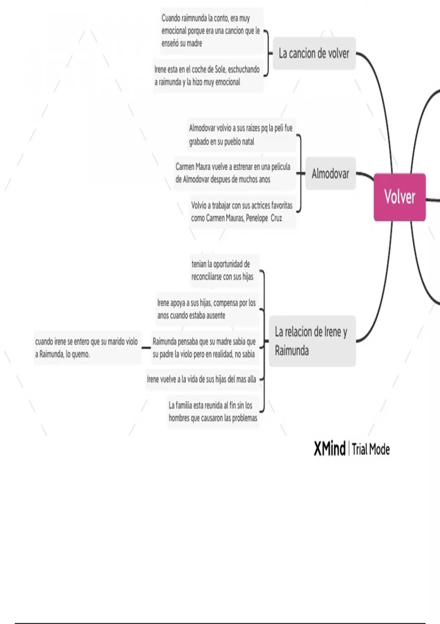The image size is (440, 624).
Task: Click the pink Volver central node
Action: coord(400,197)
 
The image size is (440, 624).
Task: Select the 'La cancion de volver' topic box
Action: coord(314,54)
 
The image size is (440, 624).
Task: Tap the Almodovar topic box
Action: coord(330,174)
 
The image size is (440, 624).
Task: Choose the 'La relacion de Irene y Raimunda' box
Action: coord(312,341)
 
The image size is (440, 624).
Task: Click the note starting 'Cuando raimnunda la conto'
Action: coord(210,31)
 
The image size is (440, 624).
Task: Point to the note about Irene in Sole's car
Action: coord(207,76)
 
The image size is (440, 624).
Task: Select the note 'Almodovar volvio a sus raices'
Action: coord(241,135)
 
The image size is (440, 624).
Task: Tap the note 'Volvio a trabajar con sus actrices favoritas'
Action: coord(242,212)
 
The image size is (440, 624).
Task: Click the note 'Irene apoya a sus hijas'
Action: coord(207,309)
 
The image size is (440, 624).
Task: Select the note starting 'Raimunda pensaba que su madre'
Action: coord(204,348)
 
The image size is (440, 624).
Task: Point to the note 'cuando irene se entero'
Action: coord(87,348)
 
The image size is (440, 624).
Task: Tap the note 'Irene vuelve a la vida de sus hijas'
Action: coord(202,379)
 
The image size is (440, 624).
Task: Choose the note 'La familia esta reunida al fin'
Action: coord(213,411)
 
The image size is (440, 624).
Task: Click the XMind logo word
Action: coord(329,449)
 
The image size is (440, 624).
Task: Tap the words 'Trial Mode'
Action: coord(371,449)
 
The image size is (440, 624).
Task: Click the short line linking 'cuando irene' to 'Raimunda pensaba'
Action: coord(146,348)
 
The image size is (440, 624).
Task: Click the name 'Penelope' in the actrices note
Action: coord(257,218)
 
